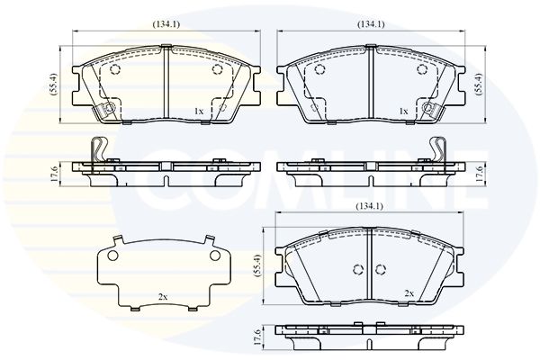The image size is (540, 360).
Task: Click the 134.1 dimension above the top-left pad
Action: point(166,24)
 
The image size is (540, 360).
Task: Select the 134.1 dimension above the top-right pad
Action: point(371,24)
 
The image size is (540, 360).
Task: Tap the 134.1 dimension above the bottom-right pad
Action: point(369,206)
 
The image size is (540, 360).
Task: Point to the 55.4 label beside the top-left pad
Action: point(53,85)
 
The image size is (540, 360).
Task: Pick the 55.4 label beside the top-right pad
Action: point(479,84)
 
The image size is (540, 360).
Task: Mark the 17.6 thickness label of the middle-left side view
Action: point(54,175)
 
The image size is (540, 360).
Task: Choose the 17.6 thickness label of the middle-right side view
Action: point(479,175)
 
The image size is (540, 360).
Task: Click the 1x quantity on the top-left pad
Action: point(199,112)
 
